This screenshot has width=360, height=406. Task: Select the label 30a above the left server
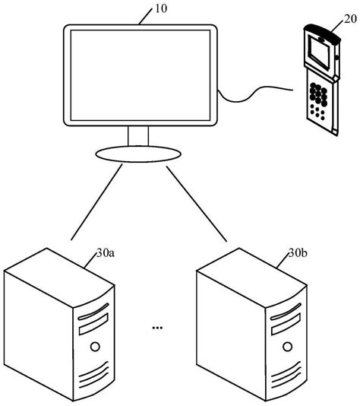[106, 254]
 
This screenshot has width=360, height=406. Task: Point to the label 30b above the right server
[298, 254]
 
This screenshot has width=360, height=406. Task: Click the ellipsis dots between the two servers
[157, 328]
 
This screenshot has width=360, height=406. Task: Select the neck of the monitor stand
[137, 136]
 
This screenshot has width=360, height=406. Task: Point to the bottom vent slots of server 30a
[95, 377]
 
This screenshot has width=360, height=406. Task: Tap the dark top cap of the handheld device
[319, 32]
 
